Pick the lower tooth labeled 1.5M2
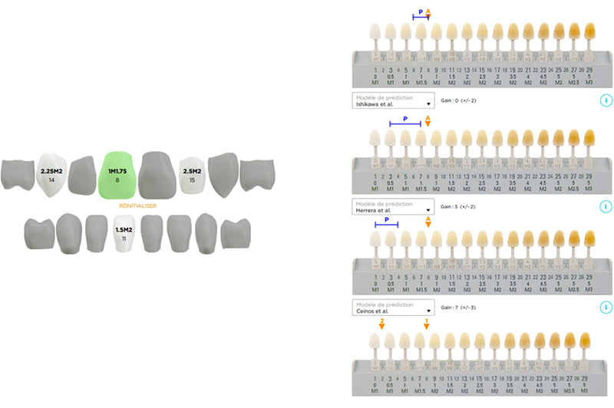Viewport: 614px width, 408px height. (124, 233)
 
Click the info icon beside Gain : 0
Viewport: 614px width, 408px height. (605, 100)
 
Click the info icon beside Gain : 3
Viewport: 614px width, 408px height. (605, 206)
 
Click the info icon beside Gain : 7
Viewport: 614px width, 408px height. (605, 308)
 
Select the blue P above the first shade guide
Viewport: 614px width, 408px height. (421, 12)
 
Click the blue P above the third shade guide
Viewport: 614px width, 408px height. (387, 219)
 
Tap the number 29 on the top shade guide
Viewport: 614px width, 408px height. (589, 71)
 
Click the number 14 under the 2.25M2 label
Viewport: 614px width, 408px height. (51, 179)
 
